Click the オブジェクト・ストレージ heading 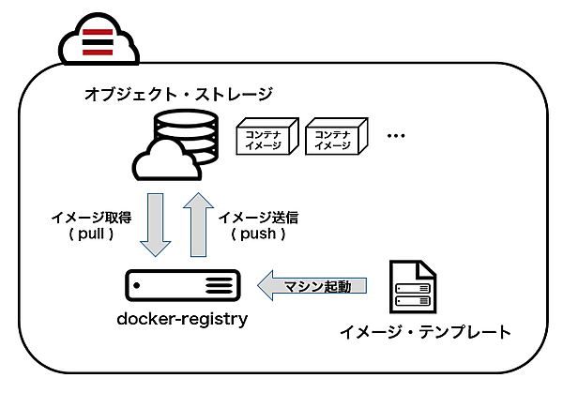[178, 94]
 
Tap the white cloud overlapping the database [165, 160]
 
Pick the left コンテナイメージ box [266, 139]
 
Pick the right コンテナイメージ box [330, 139]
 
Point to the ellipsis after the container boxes [395, 137]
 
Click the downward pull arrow [156, 225]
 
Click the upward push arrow [195, 225]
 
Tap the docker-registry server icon [182, 283]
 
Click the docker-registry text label [182, 319]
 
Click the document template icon [413, 288]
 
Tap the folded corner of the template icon [427, 267]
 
